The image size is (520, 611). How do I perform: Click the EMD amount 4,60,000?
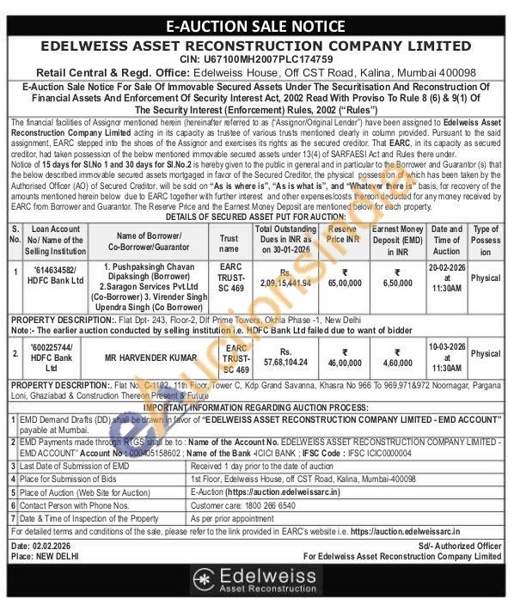click(x=397, y=357)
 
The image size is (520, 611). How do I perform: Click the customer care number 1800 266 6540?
click(x=279, y=507)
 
